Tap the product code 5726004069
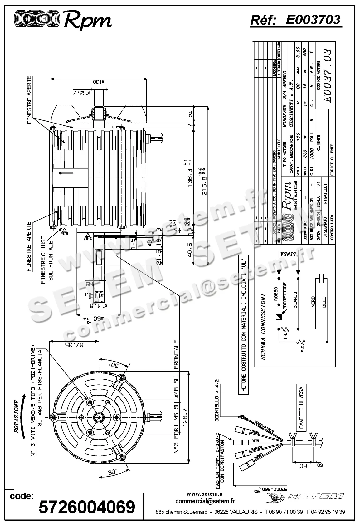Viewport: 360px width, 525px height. point(87,506)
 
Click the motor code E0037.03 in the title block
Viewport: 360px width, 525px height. point(327,75)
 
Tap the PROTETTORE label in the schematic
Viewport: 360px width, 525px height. point(285,296)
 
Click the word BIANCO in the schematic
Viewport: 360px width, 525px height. point(295,300)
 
